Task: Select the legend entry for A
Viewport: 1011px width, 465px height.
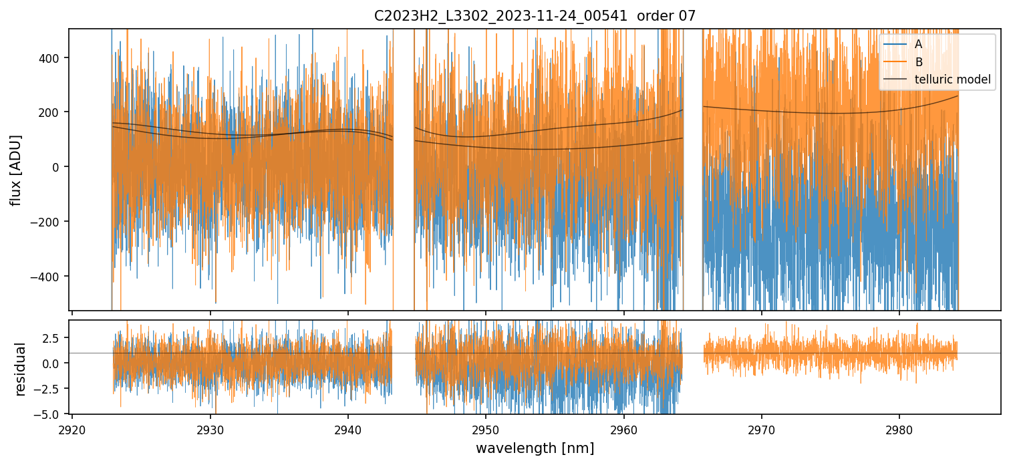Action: pos(918,44)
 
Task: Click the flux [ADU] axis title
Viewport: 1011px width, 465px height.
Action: pos(15,170)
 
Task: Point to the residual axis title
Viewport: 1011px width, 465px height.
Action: pos(21,368)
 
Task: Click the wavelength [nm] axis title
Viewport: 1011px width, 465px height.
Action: pos(535,448)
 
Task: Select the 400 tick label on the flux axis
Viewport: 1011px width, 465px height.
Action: pos(53,57)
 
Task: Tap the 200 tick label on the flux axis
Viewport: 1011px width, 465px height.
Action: pos(53,112)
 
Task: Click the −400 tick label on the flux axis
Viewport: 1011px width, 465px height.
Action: pos(49,276)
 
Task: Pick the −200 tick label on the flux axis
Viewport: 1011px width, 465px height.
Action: pos(49,222)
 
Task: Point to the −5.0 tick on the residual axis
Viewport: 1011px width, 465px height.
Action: pos(51,414)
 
